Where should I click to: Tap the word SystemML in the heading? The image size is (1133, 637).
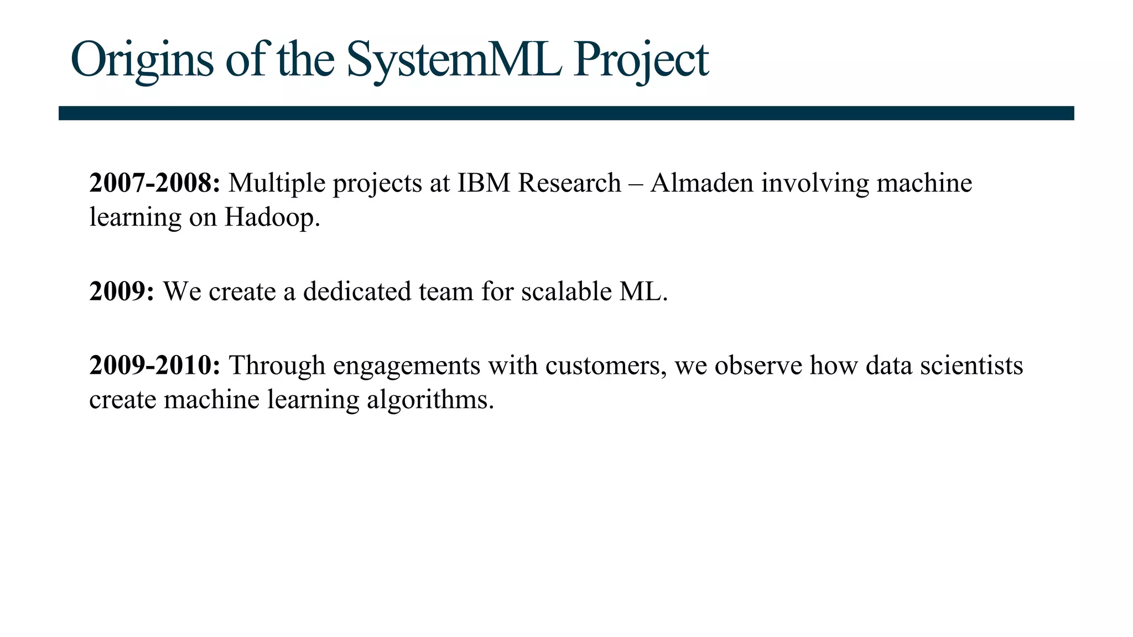coord(454,60)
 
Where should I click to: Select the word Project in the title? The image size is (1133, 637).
coord(641,60)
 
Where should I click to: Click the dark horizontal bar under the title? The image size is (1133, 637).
coord(566,113)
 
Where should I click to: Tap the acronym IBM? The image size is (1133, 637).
coord(483,183)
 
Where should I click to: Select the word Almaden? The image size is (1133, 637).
coord(701,183)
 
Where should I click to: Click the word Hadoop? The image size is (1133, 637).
coord(272,217)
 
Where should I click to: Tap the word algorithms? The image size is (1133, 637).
coord(430,400)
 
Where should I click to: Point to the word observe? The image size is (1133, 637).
coord(758,366)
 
